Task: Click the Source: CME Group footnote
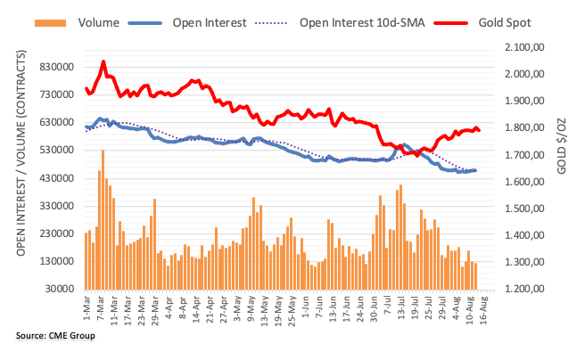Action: pos(55,336)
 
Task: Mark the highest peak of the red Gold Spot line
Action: pos(103,61)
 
